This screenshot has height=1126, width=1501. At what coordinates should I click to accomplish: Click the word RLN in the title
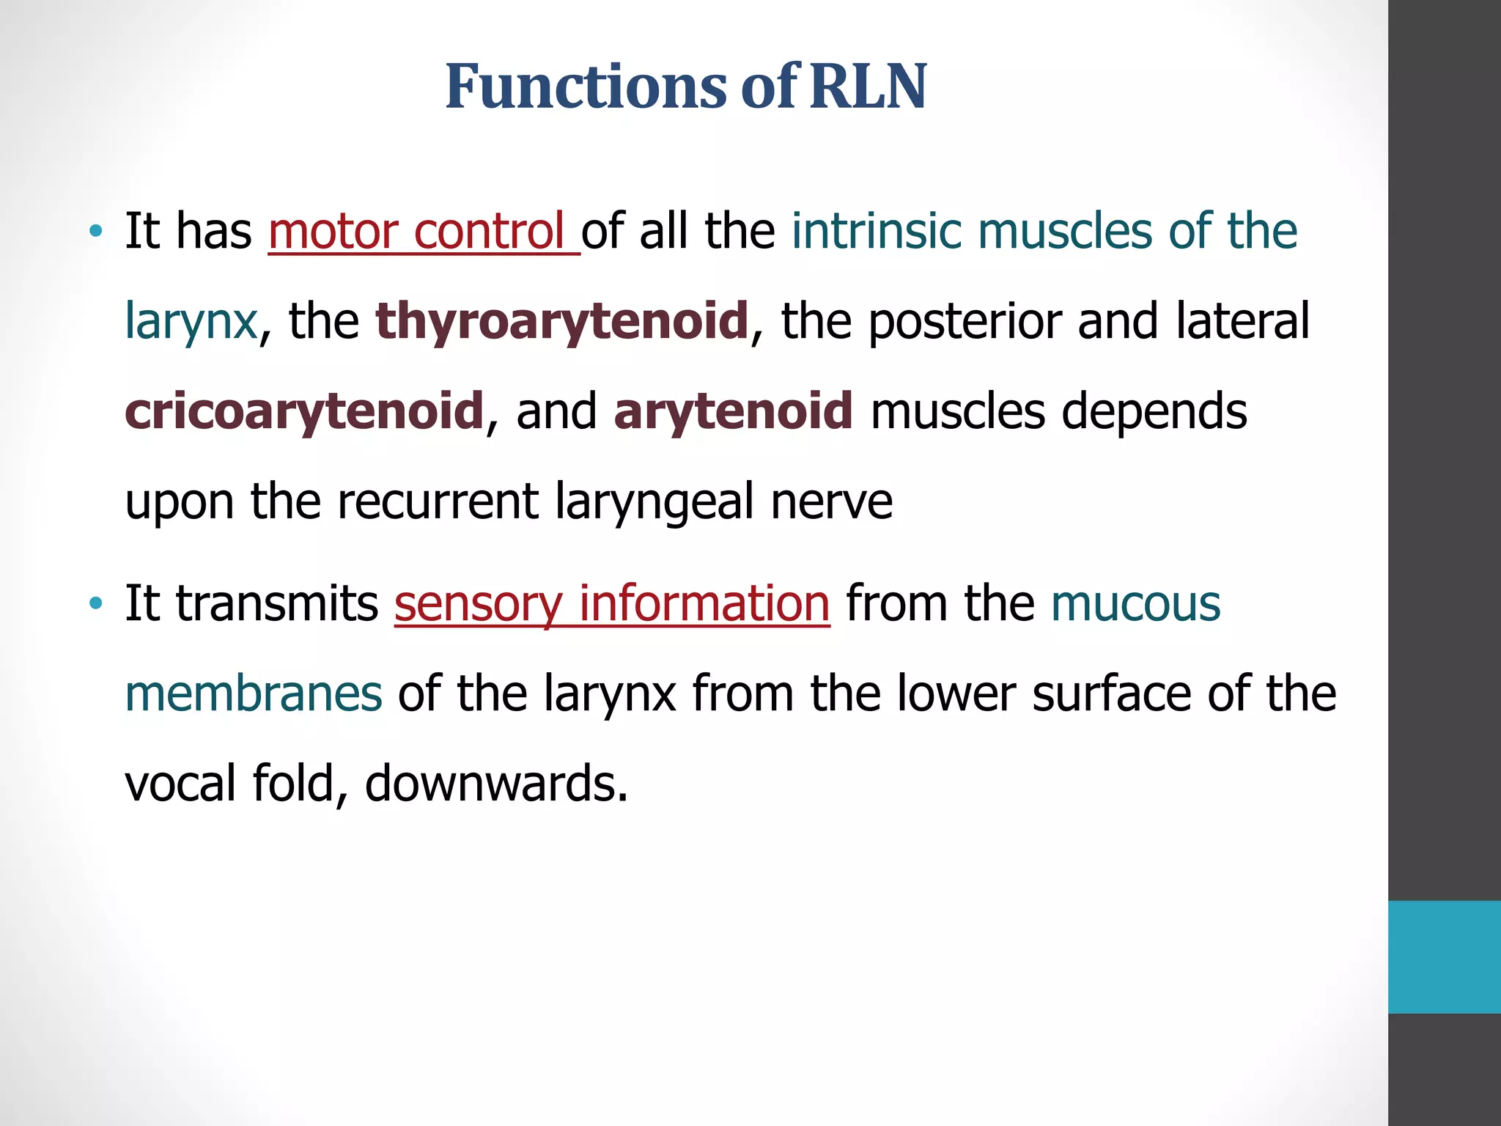click(x=868, y=87)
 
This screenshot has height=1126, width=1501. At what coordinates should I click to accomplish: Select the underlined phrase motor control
click(x=424, y=232)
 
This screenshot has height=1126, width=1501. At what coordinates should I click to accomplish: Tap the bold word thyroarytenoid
click(x=562, y=321)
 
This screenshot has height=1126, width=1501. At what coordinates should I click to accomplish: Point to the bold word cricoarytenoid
click(x=304, y=411)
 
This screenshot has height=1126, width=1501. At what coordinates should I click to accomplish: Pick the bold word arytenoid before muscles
click(x=733, y=411)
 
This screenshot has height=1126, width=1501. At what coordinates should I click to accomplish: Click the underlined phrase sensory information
click(x=612, y=603)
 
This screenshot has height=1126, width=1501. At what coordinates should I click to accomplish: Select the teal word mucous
click(x=1135, y=603)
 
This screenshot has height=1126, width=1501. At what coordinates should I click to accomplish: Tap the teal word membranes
click(x=254, y=693)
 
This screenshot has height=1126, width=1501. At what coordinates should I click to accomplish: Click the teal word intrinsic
click(x=876, y=232)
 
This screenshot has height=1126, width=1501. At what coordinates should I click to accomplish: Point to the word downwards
click(x=496, y=784)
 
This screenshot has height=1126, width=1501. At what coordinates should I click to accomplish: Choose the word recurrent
click(x=438, y=501)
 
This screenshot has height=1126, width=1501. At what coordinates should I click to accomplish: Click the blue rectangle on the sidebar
click(x=1444, y=957)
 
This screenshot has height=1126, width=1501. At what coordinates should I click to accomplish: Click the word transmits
click(x=277, y=603)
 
